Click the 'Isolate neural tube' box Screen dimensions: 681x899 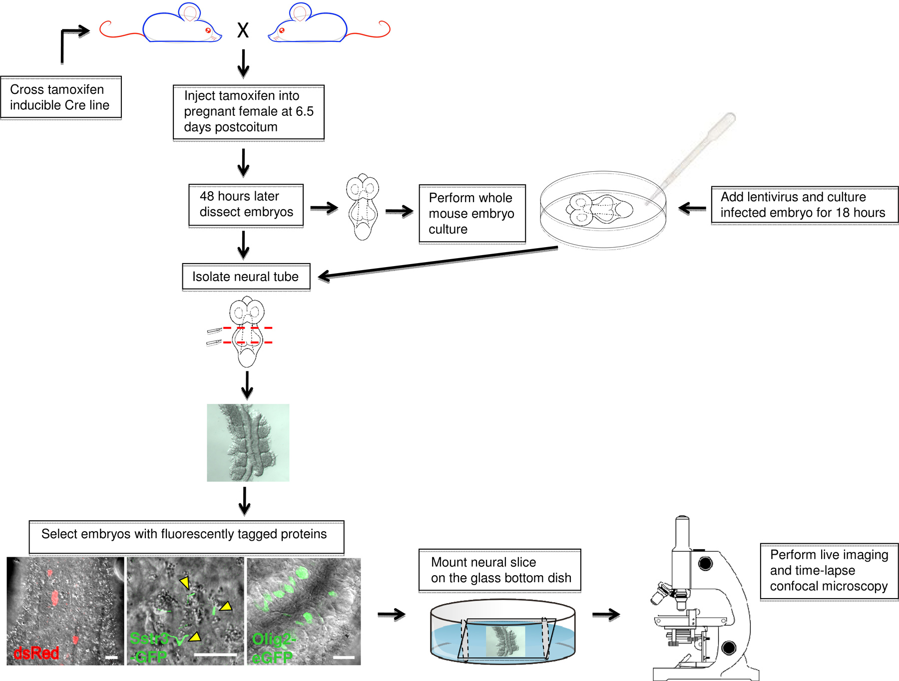point(246,277)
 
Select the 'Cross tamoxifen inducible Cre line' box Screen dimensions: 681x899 point(60,97)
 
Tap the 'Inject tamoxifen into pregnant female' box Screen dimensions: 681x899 point(248,112)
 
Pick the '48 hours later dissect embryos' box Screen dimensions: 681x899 point(246,205)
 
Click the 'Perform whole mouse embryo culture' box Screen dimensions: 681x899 point(472,214)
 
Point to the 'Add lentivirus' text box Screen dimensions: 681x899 point(804,205)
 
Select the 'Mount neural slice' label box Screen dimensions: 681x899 point(499,570)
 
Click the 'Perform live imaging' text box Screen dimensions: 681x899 point(829,571)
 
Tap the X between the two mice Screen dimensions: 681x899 point(243,30)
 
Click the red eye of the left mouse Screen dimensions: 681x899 point(208,30)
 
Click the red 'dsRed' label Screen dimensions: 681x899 point(36,653)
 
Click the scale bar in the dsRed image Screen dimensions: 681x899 point(112,658)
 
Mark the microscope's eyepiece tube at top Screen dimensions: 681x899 point(682,534)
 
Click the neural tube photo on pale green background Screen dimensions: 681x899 point(248,443)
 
